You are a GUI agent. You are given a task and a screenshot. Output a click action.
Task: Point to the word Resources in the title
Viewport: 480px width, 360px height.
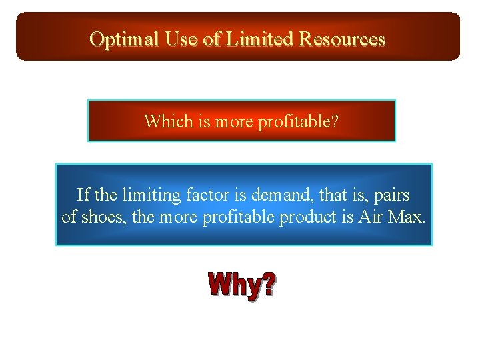pyautogui.click(x=342, y=39)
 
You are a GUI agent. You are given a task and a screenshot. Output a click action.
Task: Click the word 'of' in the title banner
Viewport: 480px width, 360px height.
pyautogui.click(x=212, y=39)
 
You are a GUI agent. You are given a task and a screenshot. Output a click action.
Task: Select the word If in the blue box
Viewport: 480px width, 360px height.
pyautogui.click(x=83, y=195)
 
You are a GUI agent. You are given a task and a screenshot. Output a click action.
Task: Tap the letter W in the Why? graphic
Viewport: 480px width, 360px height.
pyautogui.click(x=221, y=285)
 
